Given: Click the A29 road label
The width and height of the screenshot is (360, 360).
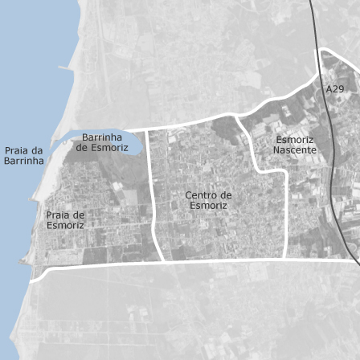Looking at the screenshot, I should (x=335, y=89).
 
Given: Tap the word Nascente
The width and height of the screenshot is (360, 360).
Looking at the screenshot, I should (x=294, y=150).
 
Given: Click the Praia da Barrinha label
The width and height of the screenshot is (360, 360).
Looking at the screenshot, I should (x=24, y=156).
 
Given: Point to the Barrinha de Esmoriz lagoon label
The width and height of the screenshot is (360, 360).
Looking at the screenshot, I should (x=102, y=142).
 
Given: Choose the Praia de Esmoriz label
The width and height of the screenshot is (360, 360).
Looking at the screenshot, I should (x=65, y=220).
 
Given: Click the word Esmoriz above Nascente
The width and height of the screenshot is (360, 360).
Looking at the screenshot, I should (x=295, y=140).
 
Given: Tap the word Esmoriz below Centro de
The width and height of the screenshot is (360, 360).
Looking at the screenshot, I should (x=208, y=206).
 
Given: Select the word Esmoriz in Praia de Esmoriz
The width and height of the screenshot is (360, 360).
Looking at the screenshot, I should (x=65, y=226).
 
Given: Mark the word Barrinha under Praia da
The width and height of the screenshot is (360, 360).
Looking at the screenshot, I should (x=24, y=161).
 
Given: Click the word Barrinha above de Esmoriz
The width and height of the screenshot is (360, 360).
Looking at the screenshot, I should (x=102, y=137).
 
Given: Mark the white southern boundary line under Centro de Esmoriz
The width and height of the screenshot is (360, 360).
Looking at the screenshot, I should (x=217, y=260).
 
